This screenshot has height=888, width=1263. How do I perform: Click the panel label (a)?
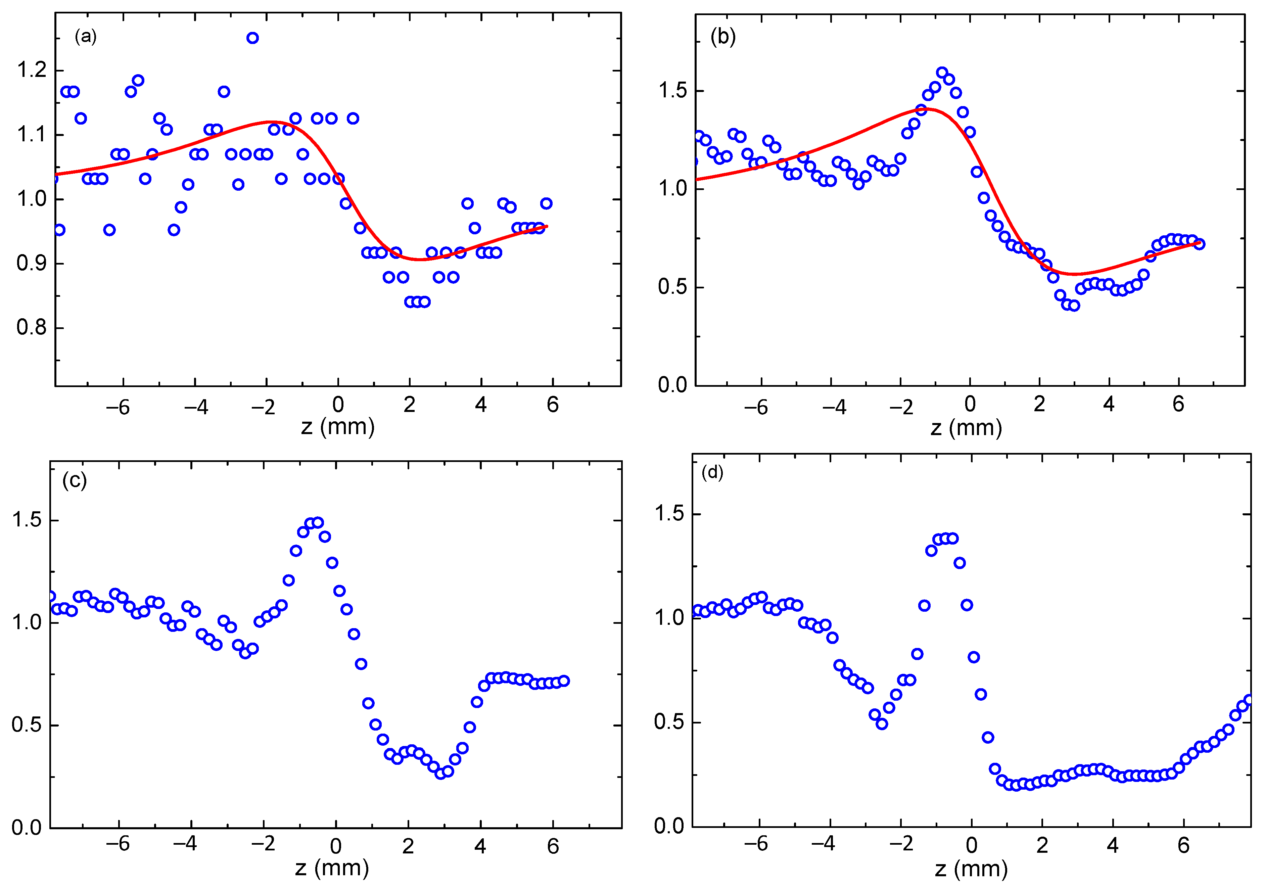pos(86,37)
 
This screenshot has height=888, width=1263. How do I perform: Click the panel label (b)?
pos(723,37)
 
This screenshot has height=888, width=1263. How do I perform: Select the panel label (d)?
pos(712,473)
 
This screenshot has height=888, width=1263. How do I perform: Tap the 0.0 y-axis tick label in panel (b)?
pos(672,385)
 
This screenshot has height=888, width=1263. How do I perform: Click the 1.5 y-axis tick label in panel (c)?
pos(27,519)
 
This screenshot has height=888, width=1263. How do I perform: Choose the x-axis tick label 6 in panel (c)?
pos(553,846)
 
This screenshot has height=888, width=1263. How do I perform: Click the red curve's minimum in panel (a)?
pos(419,259)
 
